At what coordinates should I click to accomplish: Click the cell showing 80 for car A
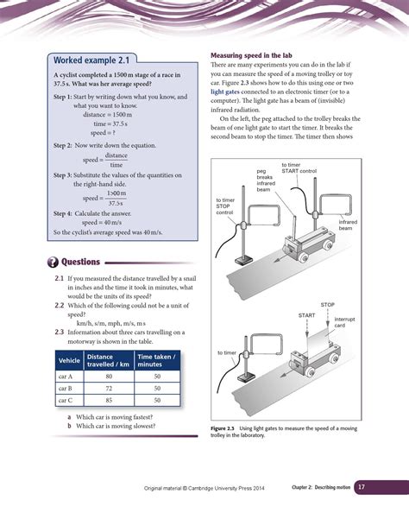109,377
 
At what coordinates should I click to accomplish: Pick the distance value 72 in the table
109,389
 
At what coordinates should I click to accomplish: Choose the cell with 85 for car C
109,401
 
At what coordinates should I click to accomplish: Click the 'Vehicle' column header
68,360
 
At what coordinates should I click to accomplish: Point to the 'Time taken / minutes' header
156,360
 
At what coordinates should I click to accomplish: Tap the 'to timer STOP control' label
228,206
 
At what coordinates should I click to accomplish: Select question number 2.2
60,306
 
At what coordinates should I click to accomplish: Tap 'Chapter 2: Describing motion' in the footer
320,489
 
